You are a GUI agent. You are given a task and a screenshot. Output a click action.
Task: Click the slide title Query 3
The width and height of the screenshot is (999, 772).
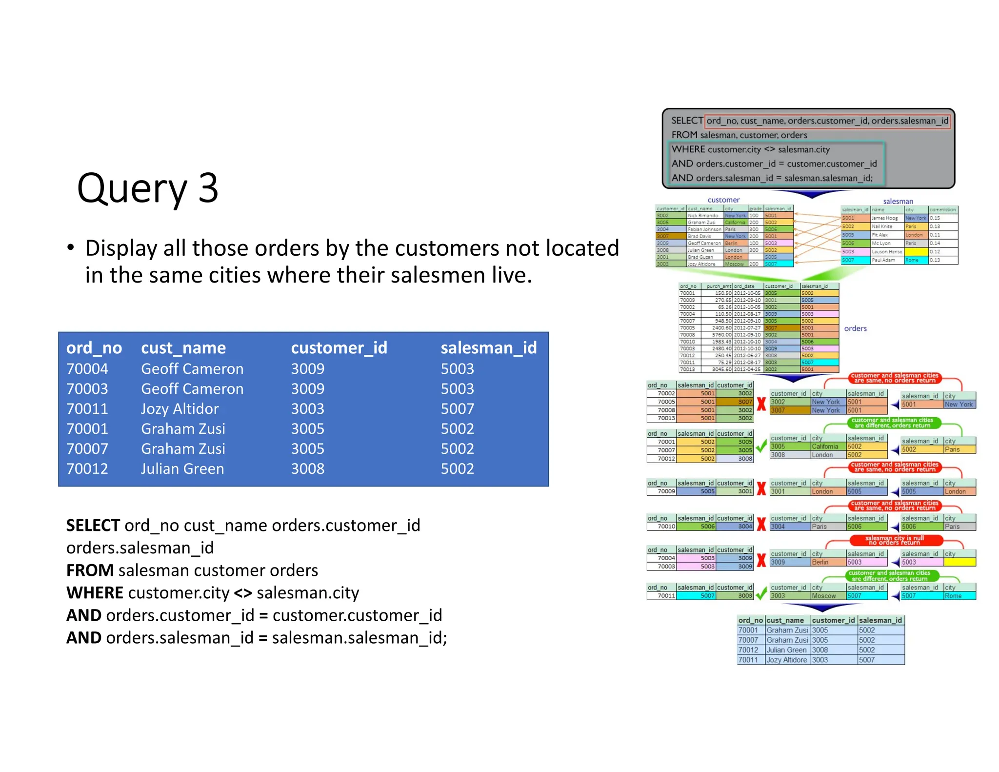pos(147,188)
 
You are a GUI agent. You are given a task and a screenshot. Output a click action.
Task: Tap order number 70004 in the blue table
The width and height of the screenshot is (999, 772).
pos(87,369)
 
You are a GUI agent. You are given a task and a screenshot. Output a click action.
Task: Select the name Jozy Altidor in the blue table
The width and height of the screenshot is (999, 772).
pos(180,409)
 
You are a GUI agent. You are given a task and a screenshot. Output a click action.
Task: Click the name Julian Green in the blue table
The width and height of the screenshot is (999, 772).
pos(182,469)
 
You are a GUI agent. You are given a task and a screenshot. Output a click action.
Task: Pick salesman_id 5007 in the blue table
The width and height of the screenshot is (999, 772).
pos(457,409)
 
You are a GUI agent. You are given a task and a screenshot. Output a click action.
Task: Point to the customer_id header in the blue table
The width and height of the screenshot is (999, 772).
pos(339,348)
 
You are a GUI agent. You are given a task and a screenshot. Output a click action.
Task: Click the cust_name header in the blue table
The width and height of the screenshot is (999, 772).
pos(183,348)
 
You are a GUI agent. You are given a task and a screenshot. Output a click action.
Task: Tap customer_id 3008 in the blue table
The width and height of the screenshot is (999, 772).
pos(307,469)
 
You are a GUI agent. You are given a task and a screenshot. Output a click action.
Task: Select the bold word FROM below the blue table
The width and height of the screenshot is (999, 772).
pos(90,570)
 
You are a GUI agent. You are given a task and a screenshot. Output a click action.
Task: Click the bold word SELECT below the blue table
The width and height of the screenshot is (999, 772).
pos(93,526)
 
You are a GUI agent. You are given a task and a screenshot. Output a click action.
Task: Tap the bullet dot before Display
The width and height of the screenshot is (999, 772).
pos(71,247)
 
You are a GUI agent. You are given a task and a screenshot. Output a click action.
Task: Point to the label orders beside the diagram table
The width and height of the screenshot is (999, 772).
pos(855,328)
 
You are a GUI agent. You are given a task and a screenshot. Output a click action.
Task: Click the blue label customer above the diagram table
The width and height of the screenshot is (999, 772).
pos(723,200)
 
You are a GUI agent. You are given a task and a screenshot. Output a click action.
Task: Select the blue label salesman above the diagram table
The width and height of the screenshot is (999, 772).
pos(898,202)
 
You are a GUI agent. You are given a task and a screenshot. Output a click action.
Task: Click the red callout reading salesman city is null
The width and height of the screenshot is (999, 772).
pos(894,540)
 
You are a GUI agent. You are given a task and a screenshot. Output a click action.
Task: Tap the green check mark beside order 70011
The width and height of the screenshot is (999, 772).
pos(761,594)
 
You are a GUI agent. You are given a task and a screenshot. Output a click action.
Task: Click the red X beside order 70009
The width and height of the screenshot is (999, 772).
pos(761,488)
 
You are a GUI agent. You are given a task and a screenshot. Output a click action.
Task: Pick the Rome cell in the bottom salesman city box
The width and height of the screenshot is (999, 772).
pos(953,596)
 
